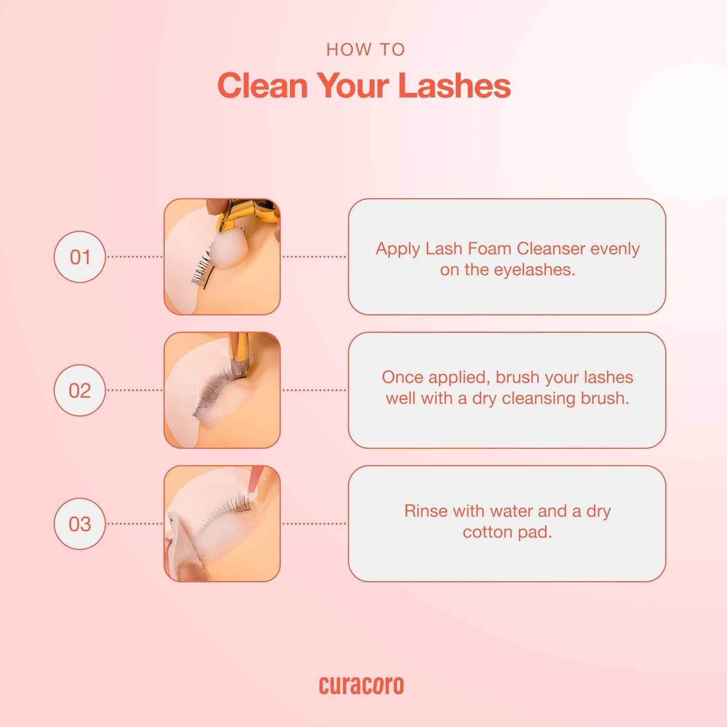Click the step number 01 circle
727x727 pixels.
click(x=79, y=257)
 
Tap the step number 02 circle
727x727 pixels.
click(x=79, y=390)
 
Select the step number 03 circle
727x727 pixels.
click(x=79, y=524)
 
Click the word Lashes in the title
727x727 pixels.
click(x=454, y=86)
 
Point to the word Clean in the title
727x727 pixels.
click(x=262, y=86)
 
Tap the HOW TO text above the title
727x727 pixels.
click(x=366, y=50)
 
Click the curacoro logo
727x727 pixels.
click(x=361, y=685)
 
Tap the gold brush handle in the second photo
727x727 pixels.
click(x=240, y=347)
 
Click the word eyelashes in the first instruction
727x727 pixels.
click(x=534, y=270)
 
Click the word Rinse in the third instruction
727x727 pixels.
click(x=426, y=511)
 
